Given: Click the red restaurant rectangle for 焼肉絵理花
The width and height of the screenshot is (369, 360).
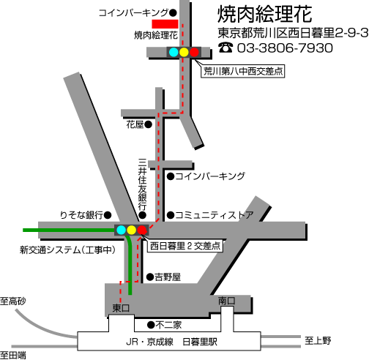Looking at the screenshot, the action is tap(165, 24).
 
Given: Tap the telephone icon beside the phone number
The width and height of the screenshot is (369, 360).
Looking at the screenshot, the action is tap(225, 48).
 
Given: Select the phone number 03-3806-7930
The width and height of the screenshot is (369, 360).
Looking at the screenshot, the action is tap(285, 48).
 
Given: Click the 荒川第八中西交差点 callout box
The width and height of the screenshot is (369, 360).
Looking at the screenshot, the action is tap(243, 72).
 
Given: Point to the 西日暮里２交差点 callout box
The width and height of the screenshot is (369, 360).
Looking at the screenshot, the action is tap(185, 246).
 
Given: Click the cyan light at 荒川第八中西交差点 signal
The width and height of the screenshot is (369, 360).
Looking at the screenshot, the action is tap(174, 52).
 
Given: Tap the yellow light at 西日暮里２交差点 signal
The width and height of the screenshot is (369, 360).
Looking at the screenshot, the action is tap(131, 230).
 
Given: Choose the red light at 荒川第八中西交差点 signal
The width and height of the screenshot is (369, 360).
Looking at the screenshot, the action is tap(194, 52).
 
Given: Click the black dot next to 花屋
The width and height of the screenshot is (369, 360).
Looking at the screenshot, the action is tap(148, 124).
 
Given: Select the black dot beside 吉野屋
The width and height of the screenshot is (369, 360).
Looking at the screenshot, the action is tap(150, 277).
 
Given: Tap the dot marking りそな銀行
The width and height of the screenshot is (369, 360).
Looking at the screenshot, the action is tap(108, 215).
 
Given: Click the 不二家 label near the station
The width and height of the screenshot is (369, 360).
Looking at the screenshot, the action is tap(168, 325).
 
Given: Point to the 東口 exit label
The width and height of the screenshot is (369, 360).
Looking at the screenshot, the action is tap(121, 308).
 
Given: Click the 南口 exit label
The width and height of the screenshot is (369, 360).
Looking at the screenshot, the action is tap(227, 301).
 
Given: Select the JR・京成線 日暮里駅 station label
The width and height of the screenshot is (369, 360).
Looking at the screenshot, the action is tap(171, 342).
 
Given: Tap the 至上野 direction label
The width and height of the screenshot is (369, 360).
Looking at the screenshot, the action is tap(318, 340).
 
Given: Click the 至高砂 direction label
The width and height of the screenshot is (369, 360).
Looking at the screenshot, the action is tap(13, 301).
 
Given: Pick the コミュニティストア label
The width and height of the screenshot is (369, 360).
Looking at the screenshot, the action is tap(215, 215).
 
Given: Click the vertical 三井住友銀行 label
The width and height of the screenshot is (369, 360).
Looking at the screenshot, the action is tap(143, 184).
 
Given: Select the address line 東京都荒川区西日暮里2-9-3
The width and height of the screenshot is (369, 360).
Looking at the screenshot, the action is tap(293, 33).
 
